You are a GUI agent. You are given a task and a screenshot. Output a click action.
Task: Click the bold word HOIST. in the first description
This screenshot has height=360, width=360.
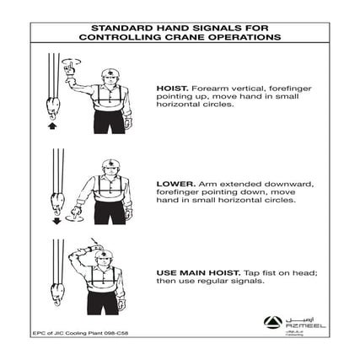[169, 87]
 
